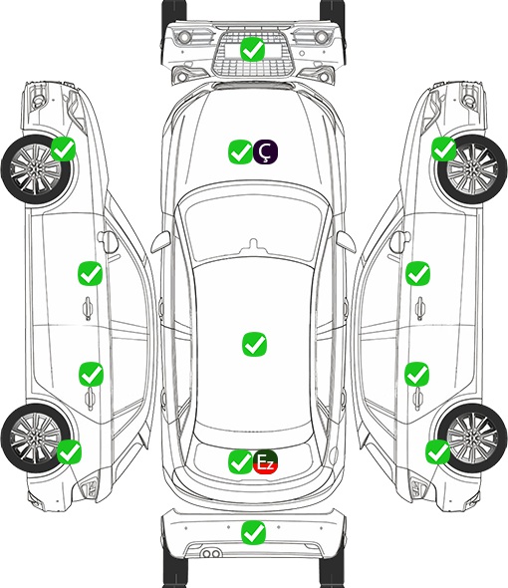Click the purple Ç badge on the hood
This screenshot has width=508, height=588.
click(265, 151)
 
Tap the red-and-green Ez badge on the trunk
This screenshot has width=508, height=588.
click(265, 461)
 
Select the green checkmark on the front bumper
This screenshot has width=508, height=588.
click(253, 49)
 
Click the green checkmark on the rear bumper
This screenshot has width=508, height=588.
click(254, 532)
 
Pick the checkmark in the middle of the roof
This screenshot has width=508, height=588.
click(255, 344)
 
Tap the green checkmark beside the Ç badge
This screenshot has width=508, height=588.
click(240, 151)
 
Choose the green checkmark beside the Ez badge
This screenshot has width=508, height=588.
click(240, 461)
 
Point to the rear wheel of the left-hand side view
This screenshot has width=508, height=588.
click(36, 438)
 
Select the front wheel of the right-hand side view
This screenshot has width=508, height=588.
click(472, 169)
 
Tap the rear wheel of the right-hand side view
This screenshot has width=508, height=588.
click(472, 438)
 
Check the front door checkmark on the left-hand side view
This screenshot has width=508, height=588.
click(91, 273)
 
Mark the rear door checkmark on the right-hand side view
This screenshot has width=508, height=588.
click(417, 374)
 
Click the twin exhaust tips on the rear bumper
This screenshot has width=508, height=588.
click(211, 553)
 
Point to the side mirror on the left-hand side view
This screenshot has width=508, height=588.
click(108, 242)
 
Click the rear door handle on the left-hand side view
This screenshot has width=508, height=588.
click(90, 399)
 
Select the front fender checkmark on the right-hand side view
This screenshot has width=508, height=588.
click(444, 148)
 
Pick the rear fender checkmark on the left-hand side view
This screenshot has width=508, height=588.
click(70, 451)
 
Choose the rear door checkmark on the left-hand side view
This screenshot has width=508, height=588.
click(91, 374)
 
